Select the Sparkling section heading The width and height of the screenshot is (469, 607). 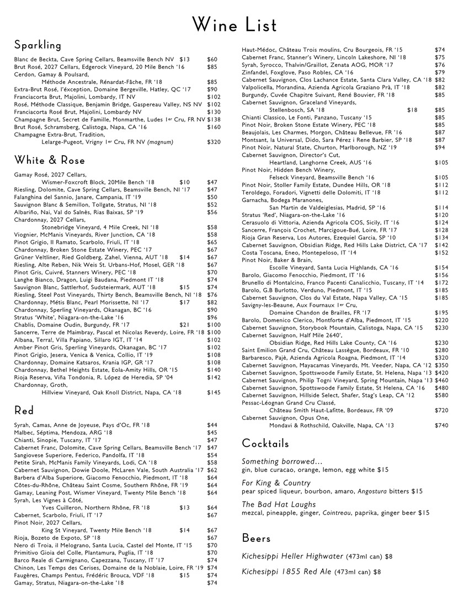(x=38, y=45)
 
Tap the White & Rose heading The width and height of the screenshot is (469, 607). (x=50, y=161)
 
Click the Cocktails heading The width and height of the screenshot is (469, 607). (x=265, y=444)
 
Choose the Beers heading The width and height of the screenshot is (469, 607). (x=256, y=538)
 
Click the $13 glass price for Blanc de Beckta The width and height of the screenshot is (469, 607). (x=184, y=59)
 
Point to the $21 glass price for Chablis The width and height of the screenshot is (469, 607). (x=184, y=325)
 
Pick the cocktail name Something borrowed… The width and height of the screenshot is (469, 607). (x=282, y=461)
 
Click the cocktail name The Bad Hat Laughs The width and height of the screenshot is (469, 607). (x=279, y=504)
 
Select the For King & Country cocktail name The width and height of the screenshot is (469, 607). (x=276, y=483)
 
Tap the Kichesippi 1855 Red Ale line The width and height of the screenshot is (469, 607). (x=311, y=572)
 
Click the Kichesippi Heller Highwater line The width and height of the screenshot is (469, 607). (x=317, y=556)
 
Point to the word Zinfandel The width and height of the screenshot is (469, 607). (x=255, y=72)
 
